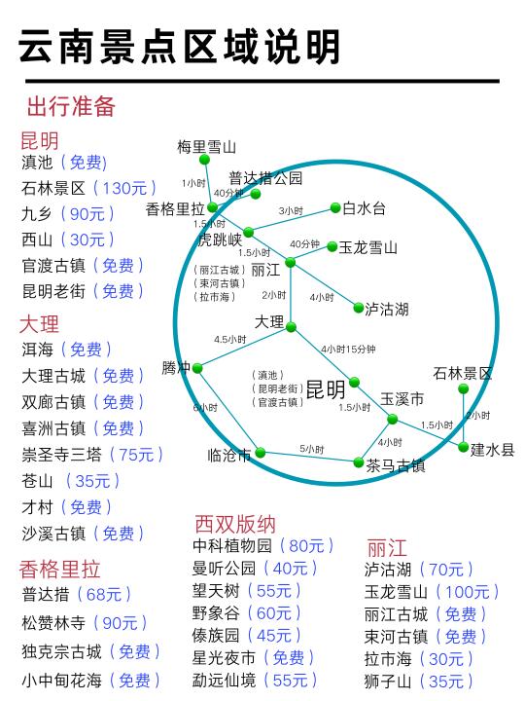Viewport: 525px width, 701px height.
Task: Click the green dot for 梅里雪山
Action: pyautogui.click(x=204, y=160)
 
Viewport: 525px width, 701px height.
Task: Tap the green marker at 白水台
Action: pyautogui.click(x=335, y=207)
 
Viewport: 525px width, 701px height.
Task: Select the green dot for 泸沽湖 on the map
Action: pyautogui.click(x=359, y=308)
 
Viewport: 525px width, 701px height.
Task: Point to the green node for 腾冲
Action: pyautogui.click(x=197, y=368)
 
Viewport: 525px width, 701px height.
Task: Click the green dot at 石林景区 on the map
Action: pyautogui.click(x=464, y=388)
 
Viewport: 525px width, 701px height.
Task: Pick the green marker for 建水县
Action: pyautogui.click(x=464, y=447)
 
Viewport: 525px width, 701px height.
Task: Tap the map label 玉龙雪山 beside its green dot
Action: pyautogui.click(x=367, y=247)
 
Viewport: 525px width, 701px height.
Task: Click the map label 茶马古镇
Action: pyautogui.click(x=396, y=465)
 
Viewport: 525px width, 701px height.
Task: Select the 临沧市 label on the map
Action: pyautogui.click(x=229, y=455)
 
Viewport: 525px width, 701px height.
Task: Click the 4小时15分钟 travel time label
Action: pyautogui.click(x=348, y=349)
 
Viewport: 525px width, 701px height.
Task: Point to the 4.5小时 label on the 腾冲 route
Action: pyautogui.click(x=229, y=340)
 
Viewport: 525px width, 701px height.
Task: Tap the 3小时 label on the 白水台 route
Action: pyautogui.click(x=291, y=210)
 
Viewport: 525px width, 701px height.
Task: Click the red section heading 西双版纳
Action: pyautogui.click(x=235, y=524)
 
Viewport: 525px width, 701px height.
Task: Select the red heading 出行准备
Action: pyautogui.click(x=71, y=106)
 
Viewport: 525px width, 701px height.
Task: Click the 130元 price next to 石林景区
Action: pyautogui.click(x=124, y=188)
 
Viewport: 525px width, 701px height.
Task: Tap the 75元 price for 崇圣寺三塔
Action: pyautogui.click(x=136, y=455)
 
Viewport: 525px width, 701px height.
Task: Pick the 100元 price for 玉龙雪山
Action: pyautogui.click(x=468, y=592)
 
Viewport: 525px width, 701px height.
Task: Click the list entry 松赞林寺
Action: pyautogui.click(x=53, y=623)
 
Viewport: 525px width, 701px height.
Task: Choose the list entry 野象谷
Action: pyautogui.click(x=216, y=613)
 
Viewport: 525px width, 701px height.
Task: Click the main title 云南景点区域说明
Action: pyautogui.click(x=180, y=46)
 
